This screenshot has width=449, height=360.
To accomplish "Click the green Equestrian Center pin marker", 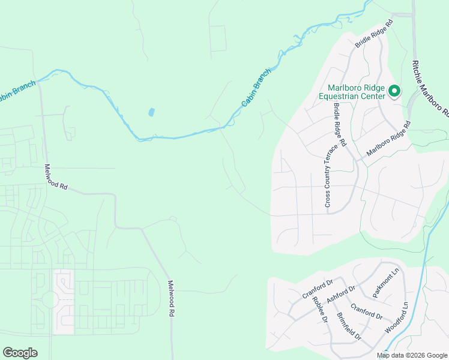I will (394, 91).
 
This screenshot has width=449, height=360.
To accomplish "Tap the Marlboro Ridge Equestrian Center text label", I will (357, 91).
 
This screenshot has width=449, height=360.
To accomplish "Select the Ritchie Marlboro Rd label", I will (429, 88).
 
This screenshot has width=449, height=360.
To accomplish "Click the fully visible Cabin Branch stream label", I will (256, 88).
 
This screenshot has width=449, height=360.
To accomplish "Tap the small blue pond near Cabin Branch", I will (151, 112).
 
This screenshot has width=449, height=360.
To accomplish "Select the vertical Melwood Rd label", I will (171, 298).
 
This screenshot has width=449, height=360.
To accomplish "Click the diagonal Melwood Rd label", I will (56, 178).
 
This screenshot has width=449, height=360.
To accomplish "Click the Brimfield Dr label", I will (349, 328).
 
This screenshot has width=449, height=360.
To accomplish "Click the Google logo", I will (20, 353).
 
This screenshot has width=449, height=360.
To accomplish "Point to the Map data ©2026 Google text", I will (411, 355).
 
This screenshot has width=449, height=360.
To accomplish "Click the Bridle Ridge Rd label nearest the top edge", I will (373, 34).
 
